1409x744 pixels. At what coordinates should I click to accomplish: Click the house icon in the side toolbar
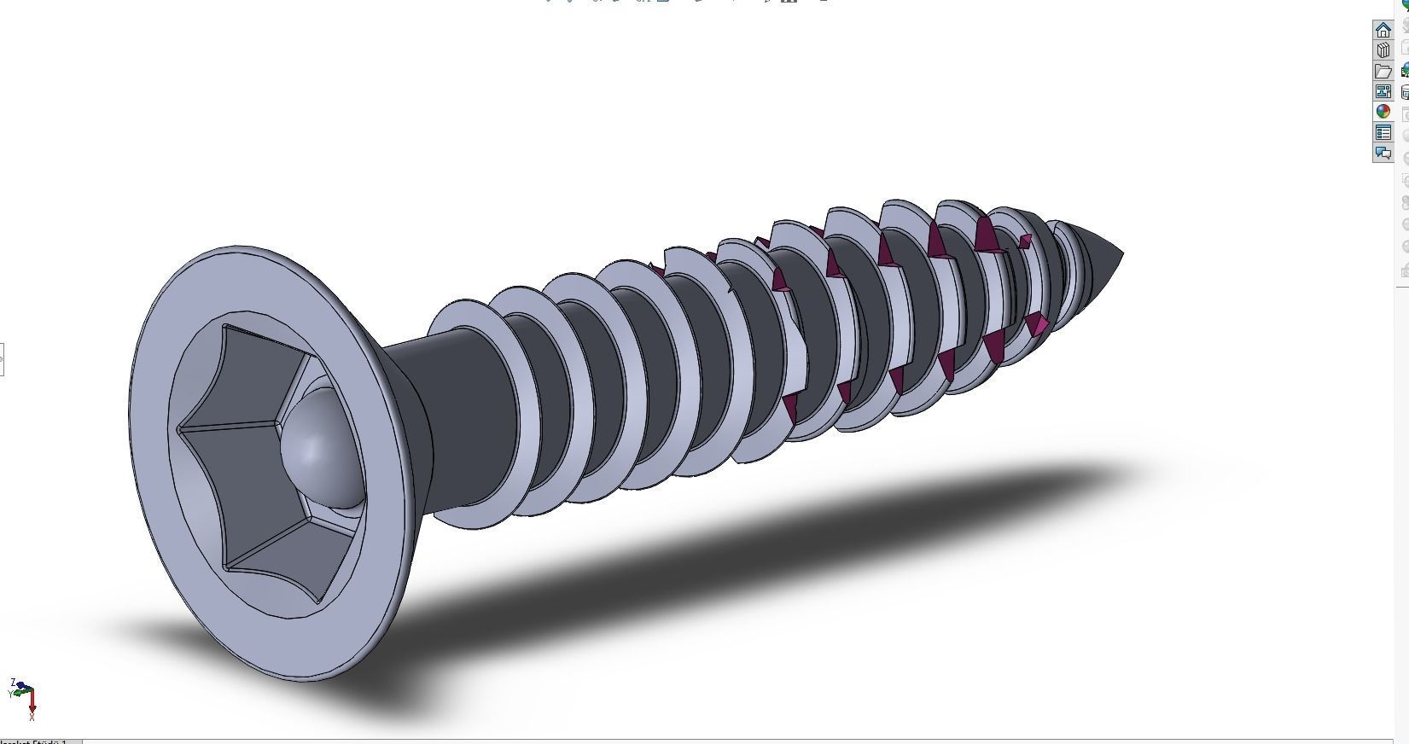[x=1383, y=30]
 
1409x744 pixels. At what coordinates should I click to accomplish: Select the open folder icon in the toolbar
[x=1383, y=71]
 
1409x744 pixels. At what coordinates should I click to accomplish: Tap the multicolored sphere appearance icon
[x=1383, y=112]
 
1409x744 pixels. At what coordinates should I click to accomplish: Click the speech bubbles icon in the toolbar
[x=1383, y=154]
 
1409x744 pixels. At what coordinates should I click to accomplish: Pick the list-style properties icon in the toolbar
[x=1383, y=132]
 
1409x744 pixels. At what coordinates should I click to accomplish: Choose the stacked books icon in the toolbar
[x=1383, y=50]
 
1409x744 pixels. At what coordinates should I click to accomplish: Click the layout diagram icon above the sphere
[x=1383, y=91]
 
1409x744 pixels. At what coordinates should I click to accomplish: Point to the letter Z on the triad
[x=13, y=683]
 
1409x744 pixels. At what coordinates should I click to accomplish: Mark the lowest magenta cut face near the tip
[x=1037, y=324]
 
